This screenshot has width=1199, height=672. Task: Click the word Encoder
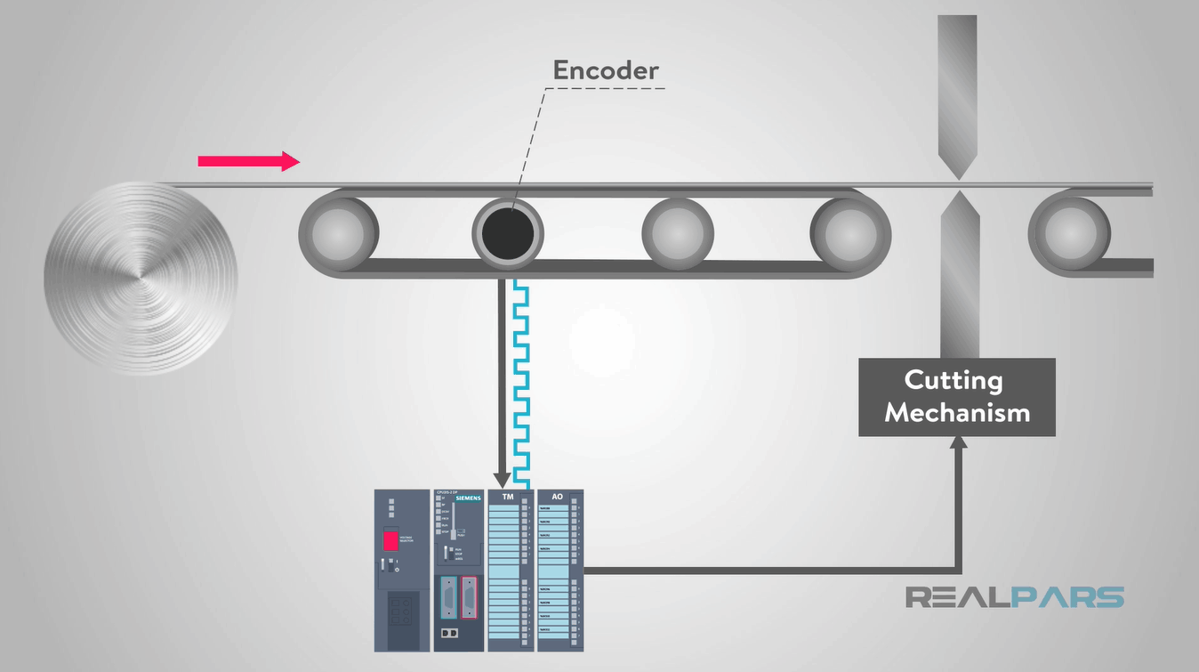click(606, 70)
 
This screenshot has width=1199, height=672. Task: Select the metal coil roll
click(141, 278)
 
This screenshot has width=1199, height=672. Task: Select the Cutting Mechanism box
click(956, 397)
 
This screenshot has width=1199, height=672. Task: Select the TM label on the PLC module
click(509, 497)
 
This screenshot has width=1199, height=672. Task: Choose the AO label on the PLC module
click(559, 497)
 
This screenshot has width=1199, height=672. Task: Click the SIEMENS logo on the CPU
click(468, 498)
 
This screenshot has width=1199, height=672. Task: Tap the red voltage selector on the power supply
click(390, 539)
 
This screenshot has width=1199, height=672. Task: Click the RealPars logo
click(1014, 596)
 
